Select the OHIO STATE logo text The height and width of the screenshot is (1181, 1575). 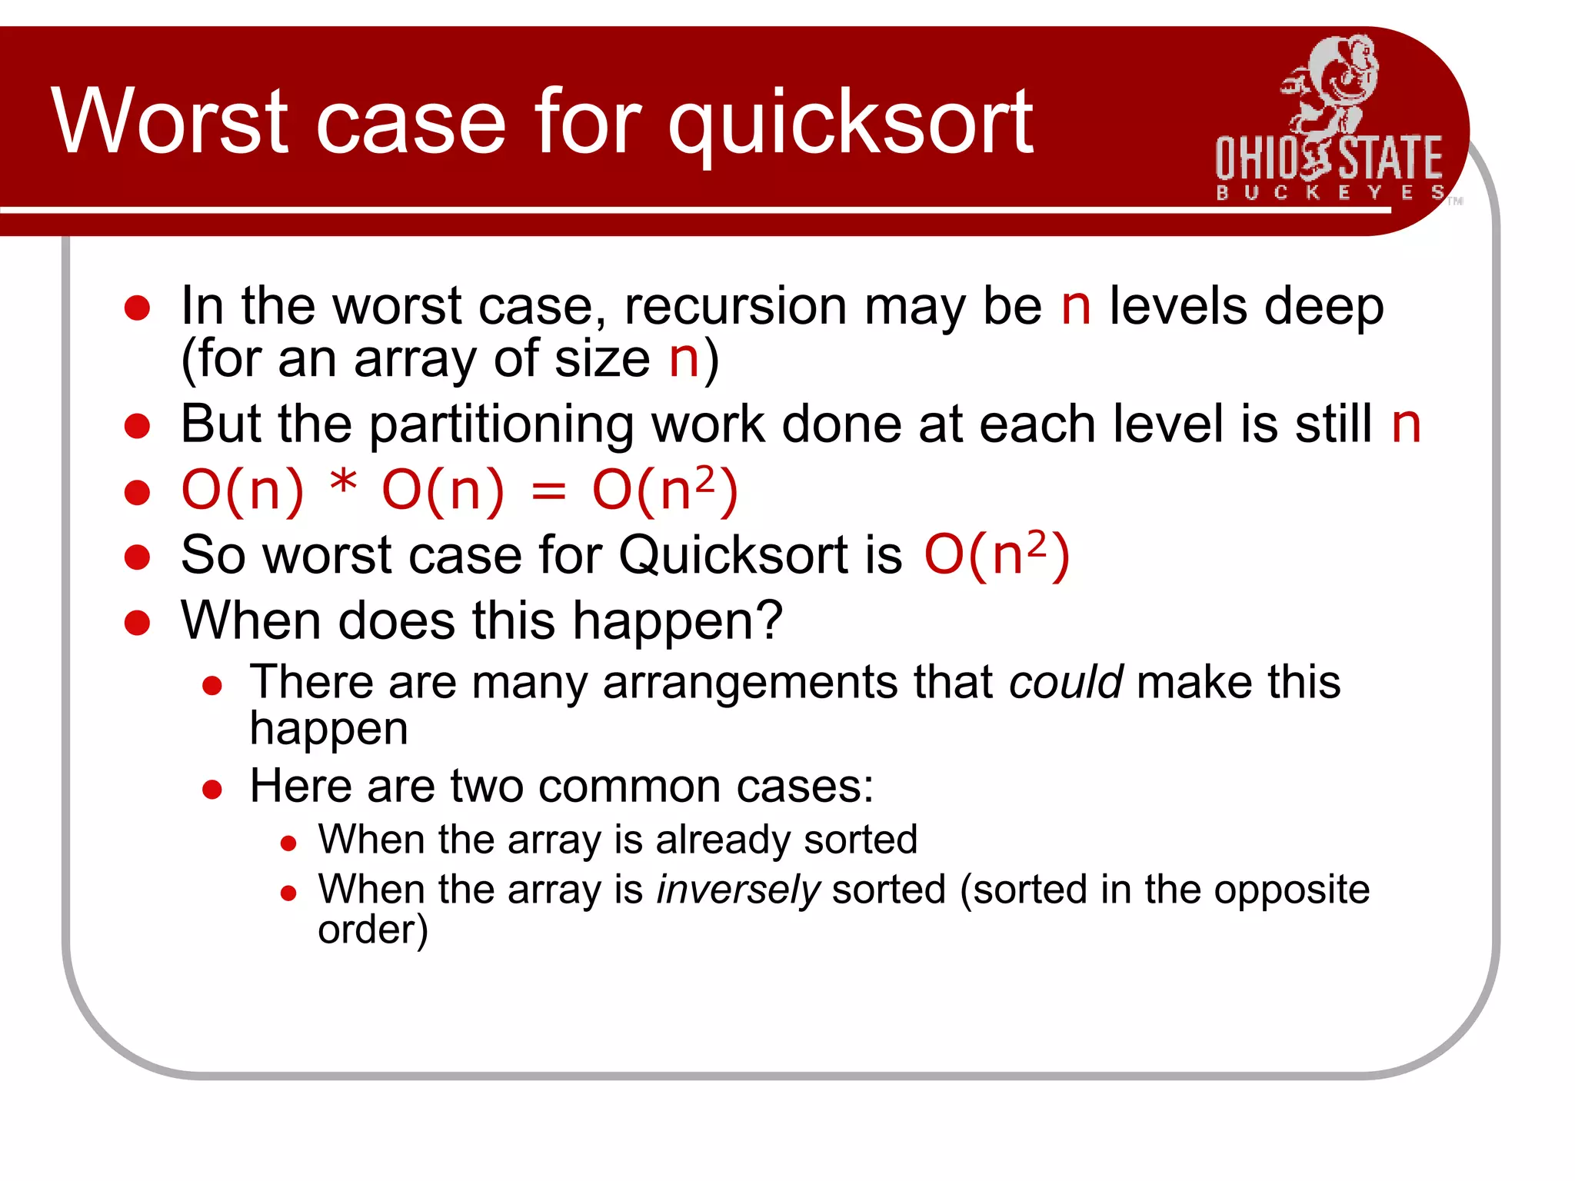click(1329, 158)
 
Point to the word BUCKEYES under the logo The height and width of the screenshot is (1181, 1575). click(1329, 192)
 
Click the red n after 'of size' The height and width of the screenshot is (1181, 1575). click(683, 359)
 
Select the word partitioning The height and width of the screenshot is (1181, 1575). click(501, 425)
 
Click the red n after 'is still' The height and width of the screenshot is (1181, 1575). click(1406, 425)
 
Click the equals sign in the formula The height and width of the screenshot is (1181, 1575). click(548, 492)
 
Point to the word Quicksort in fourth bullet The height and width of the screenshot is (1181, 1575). click(760, 555)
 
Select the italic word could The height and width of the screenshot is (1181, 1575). click(1066, 683)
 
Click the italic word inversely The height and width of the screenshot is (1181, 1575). click(738, 890)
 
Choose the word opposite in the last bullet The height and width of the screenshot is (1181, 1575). click(1292, 890)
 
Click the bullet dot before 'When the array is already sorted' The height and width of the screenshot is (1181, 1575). click(288, 844)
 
